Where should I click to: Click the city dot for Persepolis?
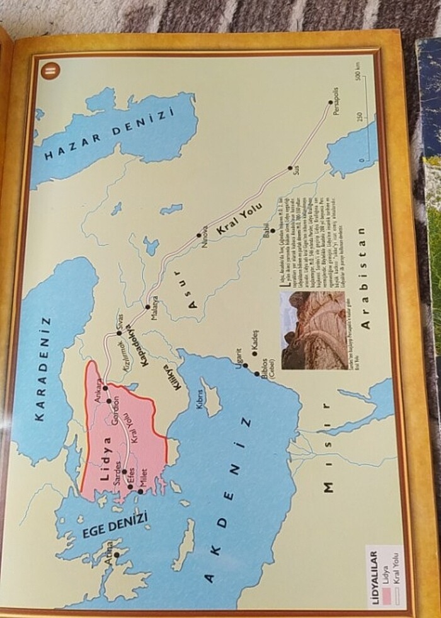(331, 103)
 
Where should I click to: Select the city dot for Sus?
(290, 168)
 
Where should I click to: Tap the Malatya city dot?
(147, 307)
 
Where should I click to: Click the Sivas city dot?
(119, 333)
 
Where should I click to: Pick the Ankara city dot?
(105, 387)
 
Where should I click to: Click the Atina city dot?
(116, 555)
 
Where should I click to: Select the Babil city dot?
(273, 231)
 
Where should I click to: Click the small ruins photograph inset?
(313, 329)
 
